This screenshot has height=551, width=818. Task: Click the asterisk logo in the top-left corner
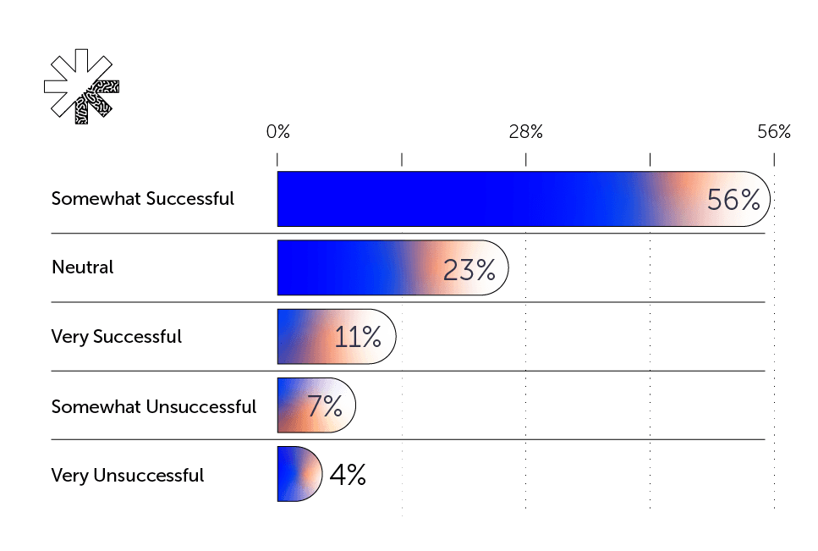click(x=81, y=87)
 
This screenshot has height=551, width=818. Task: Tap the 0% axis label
click(x=277, y=132)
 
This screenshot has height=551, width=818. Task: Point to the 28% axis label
click(x=525, y=132)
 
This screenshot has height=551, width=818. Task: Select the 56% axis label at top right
click(x=773, y=132)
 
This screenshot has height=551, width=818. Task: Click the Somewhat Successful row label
click(x=143, y=199)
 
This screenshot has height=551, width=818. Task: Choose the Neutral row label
click(x=83, y=267)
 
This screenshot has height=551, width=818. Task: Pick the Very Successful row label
click(x=117, y=337)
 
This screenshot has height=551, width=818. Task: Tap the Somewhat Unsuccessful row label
click(x=154, y=406)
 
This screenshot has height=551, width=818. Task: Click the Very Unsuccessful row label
click(x=128, y=476)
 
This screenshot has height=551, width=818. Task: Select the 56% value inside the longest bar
click(x=733, y=200)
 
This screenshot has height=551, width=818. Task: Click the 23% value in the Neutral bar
click(x=469, y=269)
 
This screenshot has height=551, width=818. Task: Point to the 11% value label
click(x=357, y=338)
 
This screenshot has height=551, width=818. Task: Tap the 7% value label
click(x=324, y=407)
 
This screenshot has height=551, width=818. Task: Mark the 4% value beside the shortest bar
click(x=347, y=476)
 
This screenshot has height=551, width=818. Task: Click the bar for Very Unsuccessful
click(x=298, y=474)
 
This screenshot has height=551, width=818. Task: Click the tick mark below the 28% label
click(x=526, y=159)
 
